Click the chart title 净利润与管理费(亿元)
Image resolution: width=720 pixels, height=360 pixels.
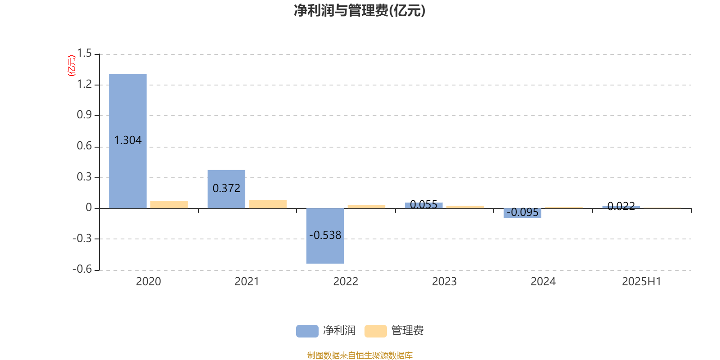pos(360,10)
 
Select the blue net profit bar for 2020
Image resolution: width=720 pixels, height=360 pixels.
pos(128,141)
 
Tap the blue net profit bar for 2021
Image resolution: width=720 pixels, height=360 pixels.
pos(226,189)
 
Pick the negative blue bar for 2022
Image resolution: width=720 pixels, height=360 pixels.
pos(325,236)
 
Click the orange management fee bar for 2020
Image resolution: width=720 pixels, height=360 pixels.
pos(169,205)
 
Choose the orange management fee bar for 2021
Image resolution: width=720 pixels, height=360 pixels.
pos(268,204)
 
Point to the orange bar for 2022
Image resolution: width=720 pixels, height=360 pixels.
pos(366,207)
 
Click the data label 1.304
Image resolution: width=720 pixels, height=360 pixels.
pos(128,140)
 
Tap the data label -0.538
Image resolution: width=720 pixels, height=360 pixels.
pos(325,235)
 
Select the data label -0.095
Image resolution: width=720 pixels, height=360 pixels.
pos(522,212)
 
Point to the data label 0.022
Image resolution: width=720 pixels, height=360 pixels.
pos(621,207)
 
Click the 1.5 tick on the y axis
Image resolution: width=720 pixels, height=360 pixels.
pos(85,53)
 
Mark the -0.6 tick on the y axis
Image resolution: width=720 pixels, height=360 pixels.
pos(82,269)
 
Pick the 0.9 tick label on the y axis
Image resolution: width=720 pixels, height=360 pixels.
pos(85,115)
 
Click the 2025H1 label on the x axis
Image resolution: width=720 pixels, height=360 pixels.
pos(642,282)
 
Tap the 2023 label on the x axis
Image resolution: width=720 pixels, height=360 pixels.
pos(444,282)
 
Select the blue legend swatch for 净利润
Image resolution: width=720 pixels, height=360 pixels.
pos(307,331)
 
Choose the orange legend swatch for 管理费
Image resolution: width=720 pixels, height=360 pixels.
pos(375,331)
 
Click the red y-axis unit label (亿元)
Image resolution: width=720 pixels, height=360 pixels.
pos(72,66)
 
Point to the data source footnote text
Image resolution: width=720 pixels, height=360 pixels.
pos(360,355)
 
